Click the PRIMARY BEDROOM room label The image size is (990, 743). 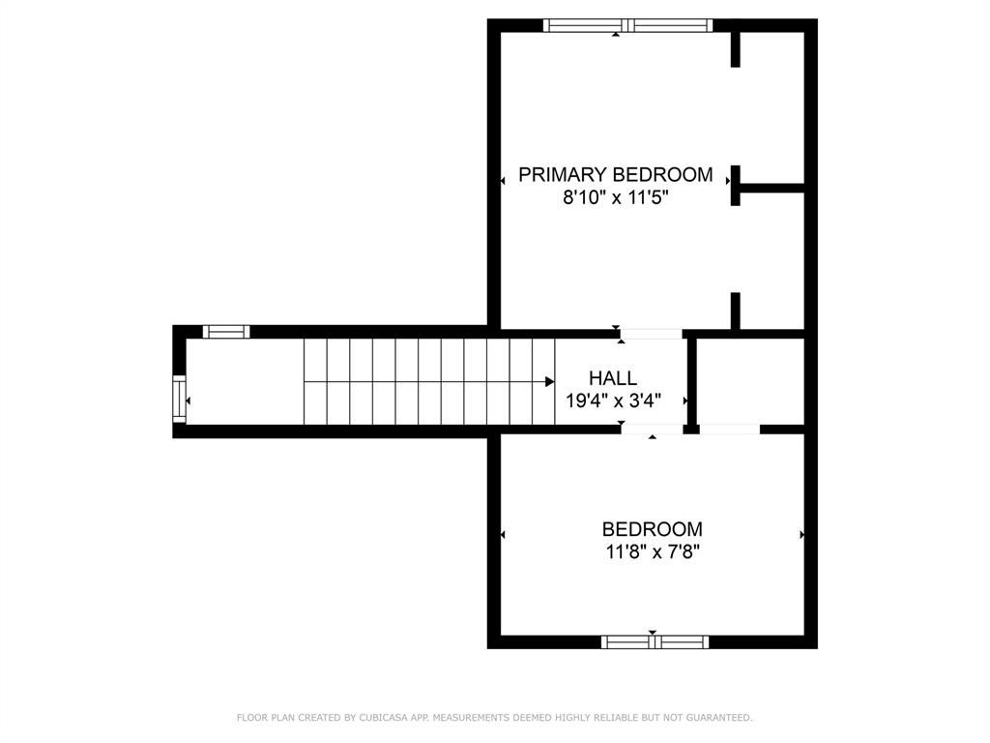pyautogui.click(x=616, y=174)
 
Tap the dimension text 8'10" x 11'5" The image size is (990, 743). pyautogui.click(x=616, y=197)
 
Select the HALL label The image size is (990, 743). pyautogui.click(x=613, y=378)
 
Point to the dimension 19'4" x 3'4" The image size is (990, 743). pyautogui.click(x=613, y=401)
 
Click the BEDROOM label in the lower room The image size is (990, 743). pyautogui.click(x=653, y=529)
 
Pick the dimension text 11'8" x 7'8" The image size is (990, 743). pyautogui.click(x=653, y=551)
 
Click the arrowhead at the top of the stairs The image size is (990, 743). pyautogui.click(x=550, y=381)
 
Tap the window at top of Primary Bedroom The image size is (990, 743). pyautogui.click(x=627, y=25)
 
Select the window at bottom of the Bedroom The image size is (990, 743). pyautogui.click(x=655, y=642)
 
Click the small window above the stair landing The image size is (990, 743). pyautogui.click(x=226, y=332)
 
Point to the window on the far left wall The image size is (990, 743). pyautogui.click(x=179, y=399)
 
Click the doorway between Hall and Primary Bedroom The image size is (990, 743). pyautogui.click(x=651, y=334)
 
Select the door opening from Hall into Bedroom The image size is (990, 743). pyautogui.click(x=652, y=429)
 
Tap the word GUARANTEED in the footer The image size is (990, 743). pyautogui.click(x=719, y=717)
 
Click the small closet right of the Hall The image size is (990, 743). pyautogui.click(x=750, y=381)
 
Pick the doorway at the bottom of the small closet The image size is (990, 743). pyautogui.click(x=730, y=429)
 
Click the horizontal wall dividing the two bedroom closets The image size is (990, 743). pyautogui.click(x=772, y=188)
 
